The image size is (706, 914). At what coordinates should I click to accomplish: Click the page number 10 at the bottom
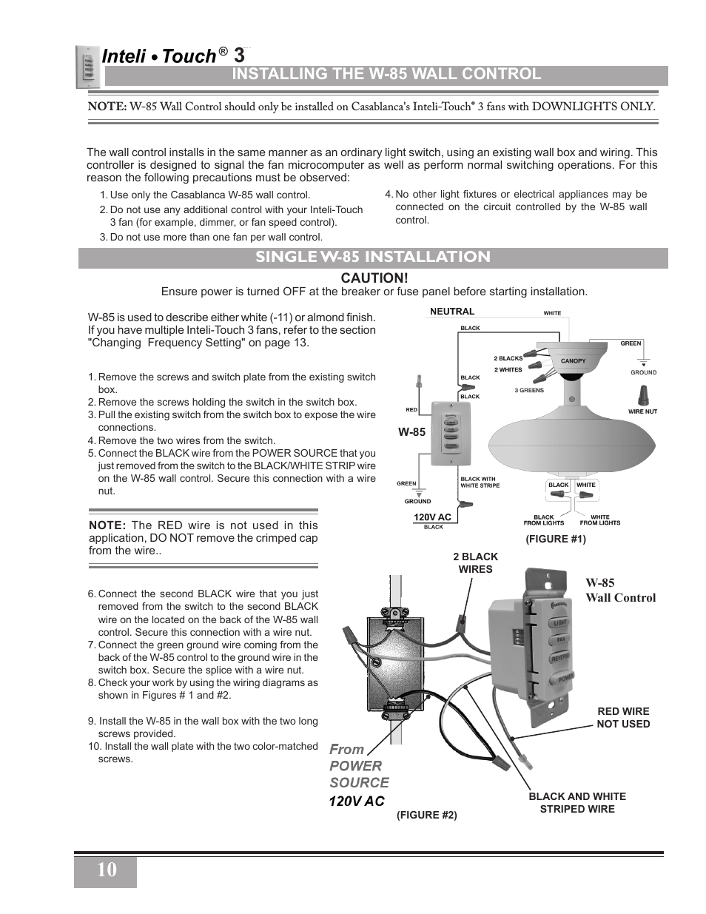[105, 870]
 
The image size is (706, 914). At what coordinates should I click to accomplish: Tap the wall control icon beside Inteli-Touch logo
[87, 67]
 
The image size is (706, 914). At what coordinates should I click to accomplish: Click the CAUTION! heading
[374, 278]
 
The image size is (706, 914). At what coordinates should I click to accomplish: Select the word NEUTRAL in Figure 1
[452, 312]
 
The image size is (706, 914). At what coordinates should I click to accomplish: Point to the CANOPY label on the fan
[573, 361]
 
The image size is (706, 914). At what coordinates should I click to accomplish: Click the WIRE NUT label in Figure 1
[642, 411]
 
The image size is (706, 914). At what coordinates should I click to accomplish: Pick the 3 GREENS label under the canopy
[528, 390]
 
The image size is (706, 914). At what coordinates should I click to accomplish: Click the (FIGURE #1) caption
[555, 540]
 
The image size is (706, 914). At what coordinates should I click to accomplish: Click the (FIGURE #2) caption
[426, 815]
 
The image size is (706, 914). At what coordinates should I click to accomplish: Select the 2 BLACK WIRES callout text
[475, 563]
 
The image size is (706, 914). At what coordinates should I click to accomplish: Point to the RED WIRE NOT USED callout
[623, 718]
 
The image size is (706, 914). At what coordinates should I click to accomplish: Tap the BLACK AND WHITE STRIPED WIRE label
[576, 803]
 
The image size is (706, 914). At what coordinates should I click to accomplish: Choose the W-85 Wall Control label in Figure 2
[620, 591]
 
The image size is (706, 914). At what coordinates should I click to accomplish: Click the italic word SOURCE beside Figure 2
[359, 783]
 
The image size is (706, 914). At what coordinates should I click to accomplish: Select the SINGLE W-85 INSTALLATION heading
[373, 257]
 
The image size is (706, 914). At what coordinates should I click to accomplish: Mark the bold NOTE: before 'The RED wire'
[109, 525]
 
